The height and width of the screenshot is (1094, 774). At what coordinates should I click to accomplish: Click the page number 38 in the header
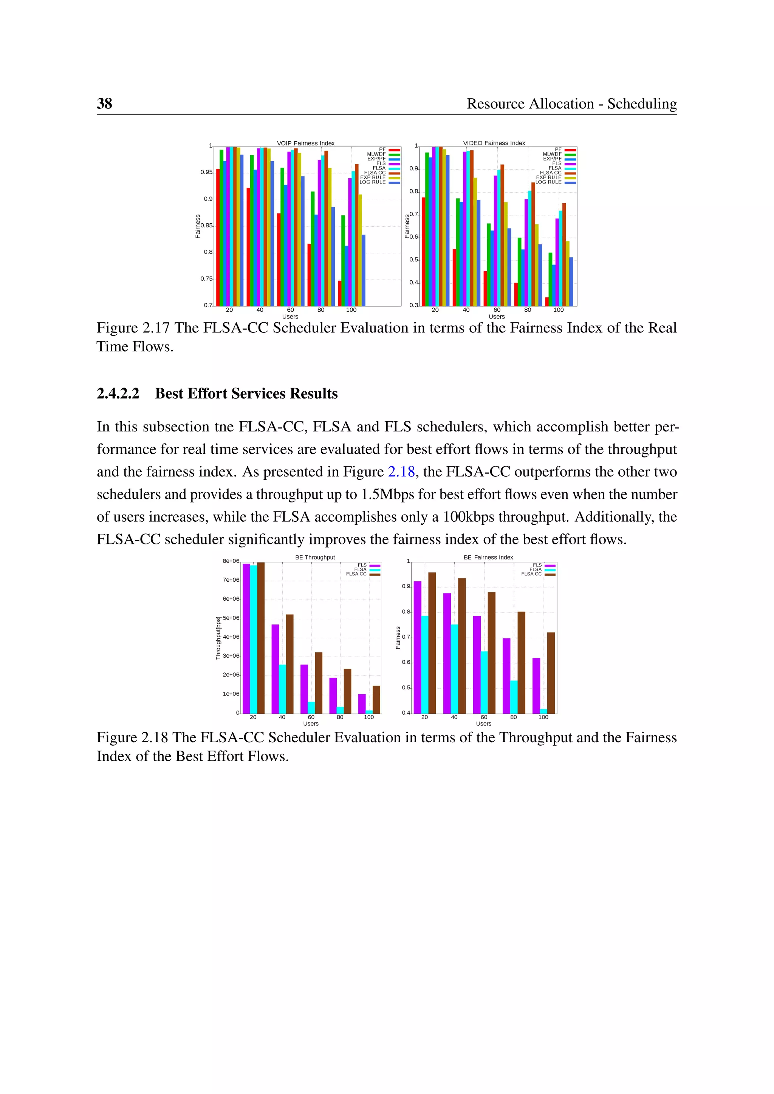point(104,104)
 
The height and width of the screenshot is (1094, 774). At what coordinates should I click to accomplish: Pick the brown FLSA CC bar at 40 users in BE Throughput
point(290,663)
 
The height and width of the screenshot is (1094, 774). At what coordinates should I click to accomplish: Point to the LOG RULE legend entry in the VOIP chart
point(373,182)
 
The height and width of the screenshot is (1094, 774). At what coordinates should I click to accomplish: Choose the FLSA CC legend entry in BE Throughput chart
point(356,574)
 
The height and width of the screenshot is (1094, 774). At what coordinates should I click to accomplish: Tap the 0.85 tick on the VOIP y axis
point(206,226)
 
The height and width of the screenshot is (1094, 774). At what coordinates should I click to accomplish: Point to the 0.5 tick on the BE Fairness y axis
point(406,688)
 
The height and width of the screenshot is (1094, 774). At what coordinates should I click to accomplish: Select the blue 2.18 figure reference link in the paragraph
point(401,472)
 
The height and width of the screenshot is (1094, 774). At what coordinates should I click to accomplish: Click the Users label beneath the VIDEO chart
point(496,317)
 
